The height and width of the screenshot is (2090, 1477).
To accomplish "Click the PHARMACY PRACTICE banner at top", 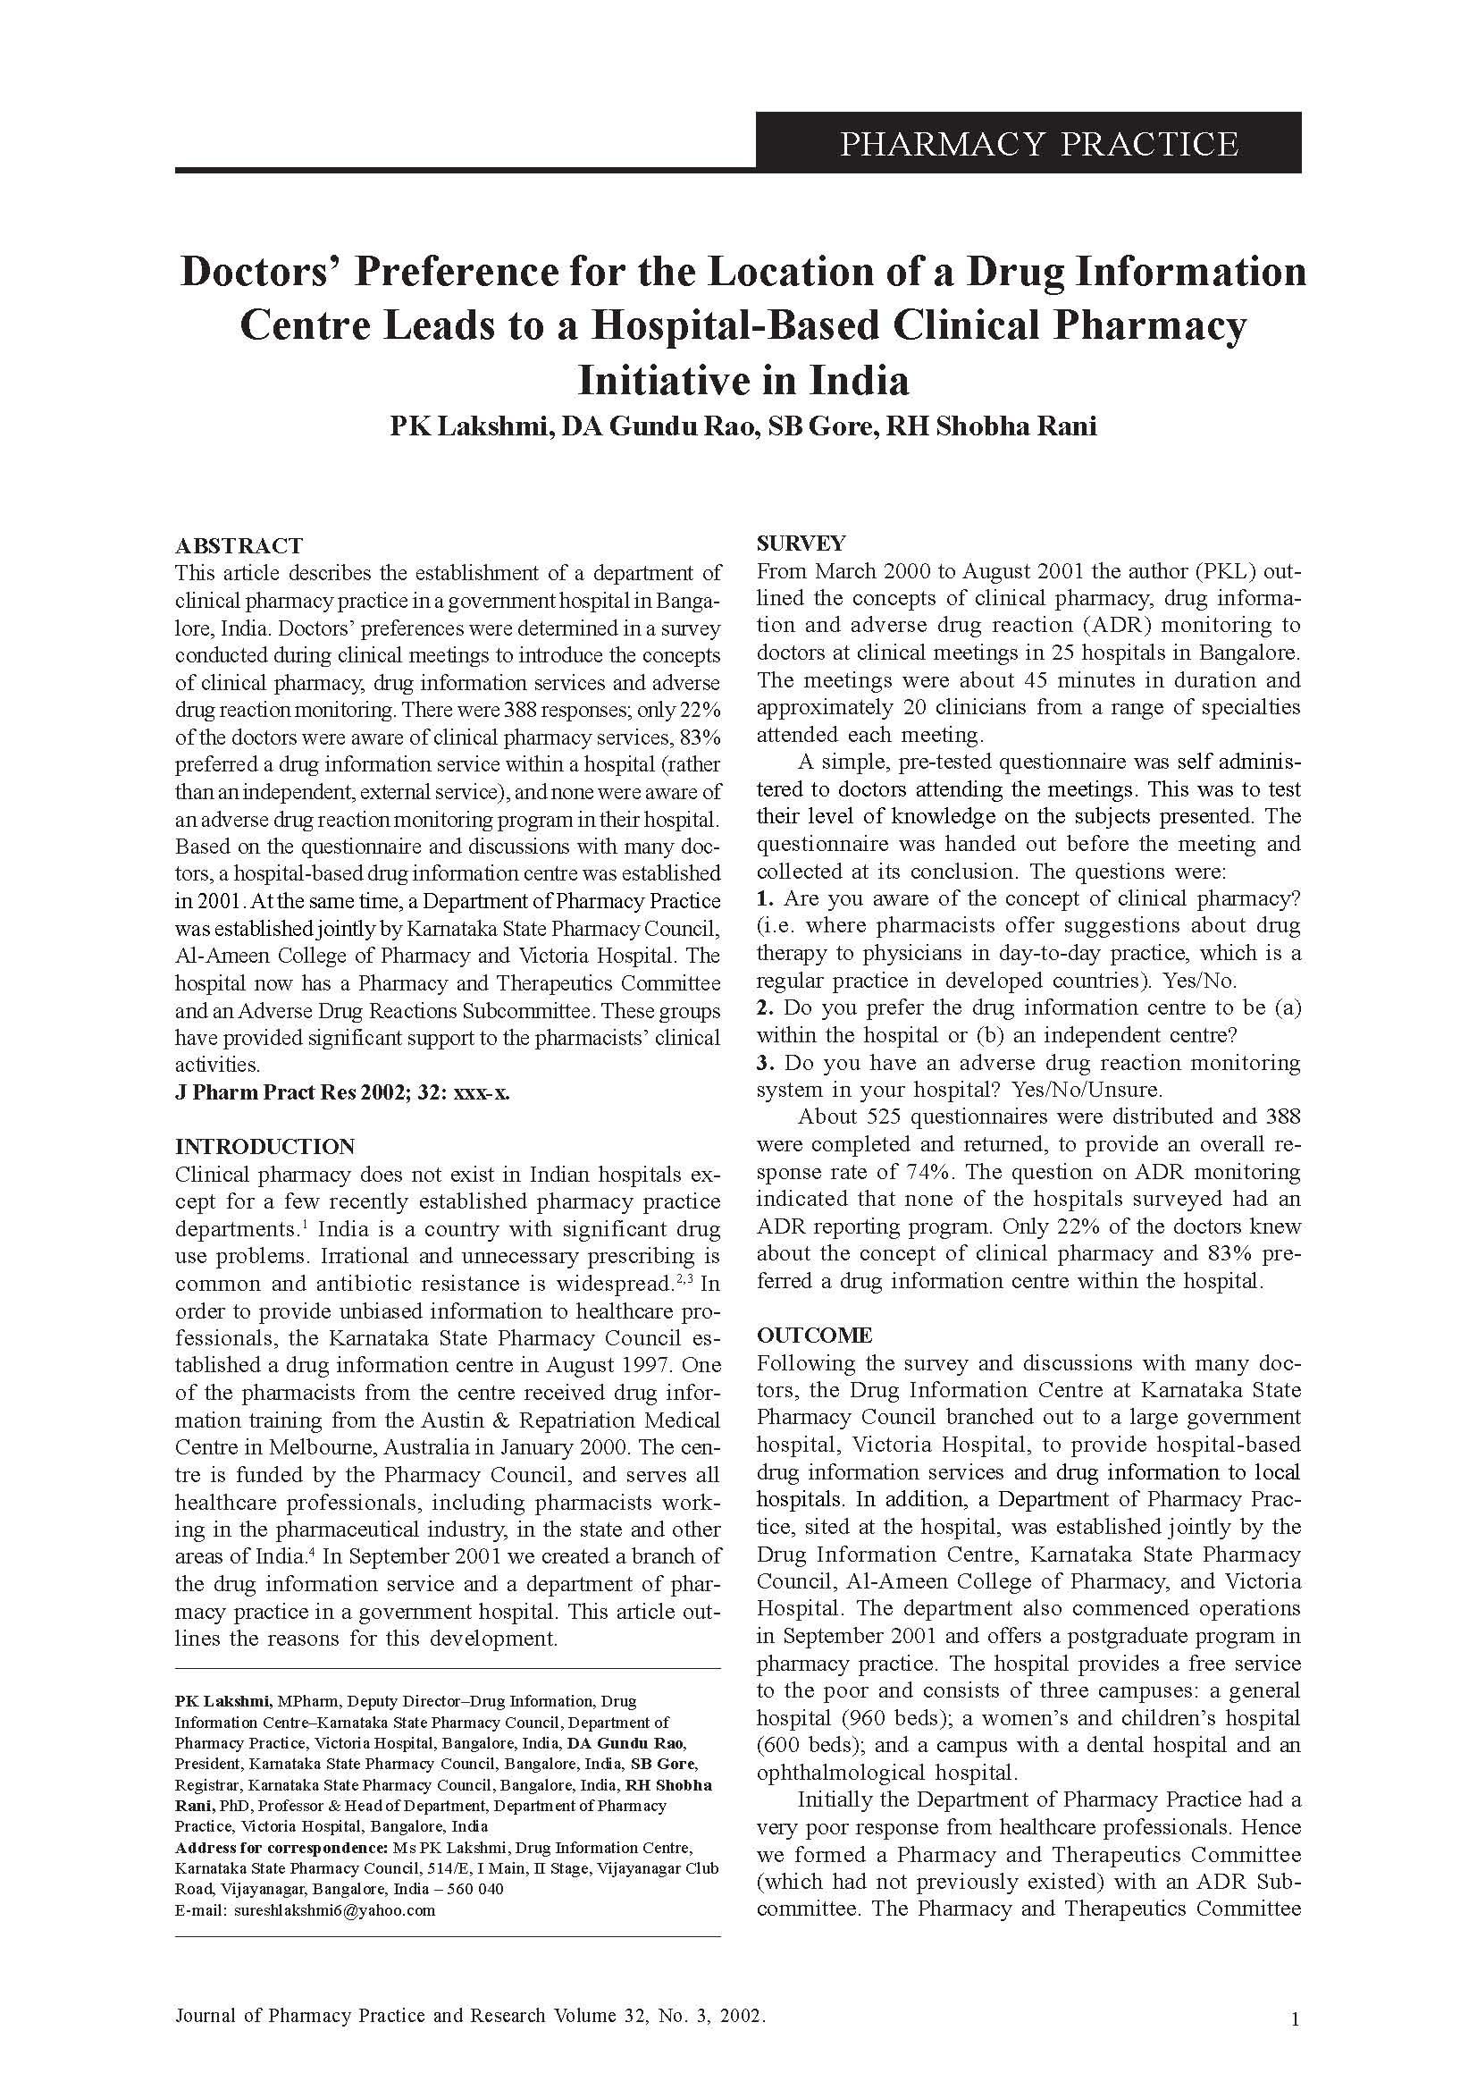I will tap(1037, 144).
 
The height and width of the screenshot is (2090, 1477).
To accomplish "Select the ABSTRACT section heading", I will tap(239, 546).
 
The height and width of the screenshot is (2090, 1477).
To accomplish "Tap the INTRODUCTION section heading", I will tap(264, 1147).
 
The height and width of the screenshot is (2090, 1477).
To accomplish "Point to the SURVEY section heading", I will tap(801, 544).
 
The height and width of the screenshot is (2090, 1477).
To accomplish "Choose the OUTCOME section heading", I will tap(814, 1336).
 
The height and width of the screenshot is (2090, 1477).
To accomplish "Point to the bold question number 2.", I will tap(766, 1007).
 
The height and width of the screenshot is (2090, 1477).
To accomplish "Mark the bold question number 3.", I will tap(766, 1062).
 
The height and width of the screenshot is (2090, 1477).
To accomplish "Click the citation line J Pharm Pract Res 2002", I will tap(342, 1092).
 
